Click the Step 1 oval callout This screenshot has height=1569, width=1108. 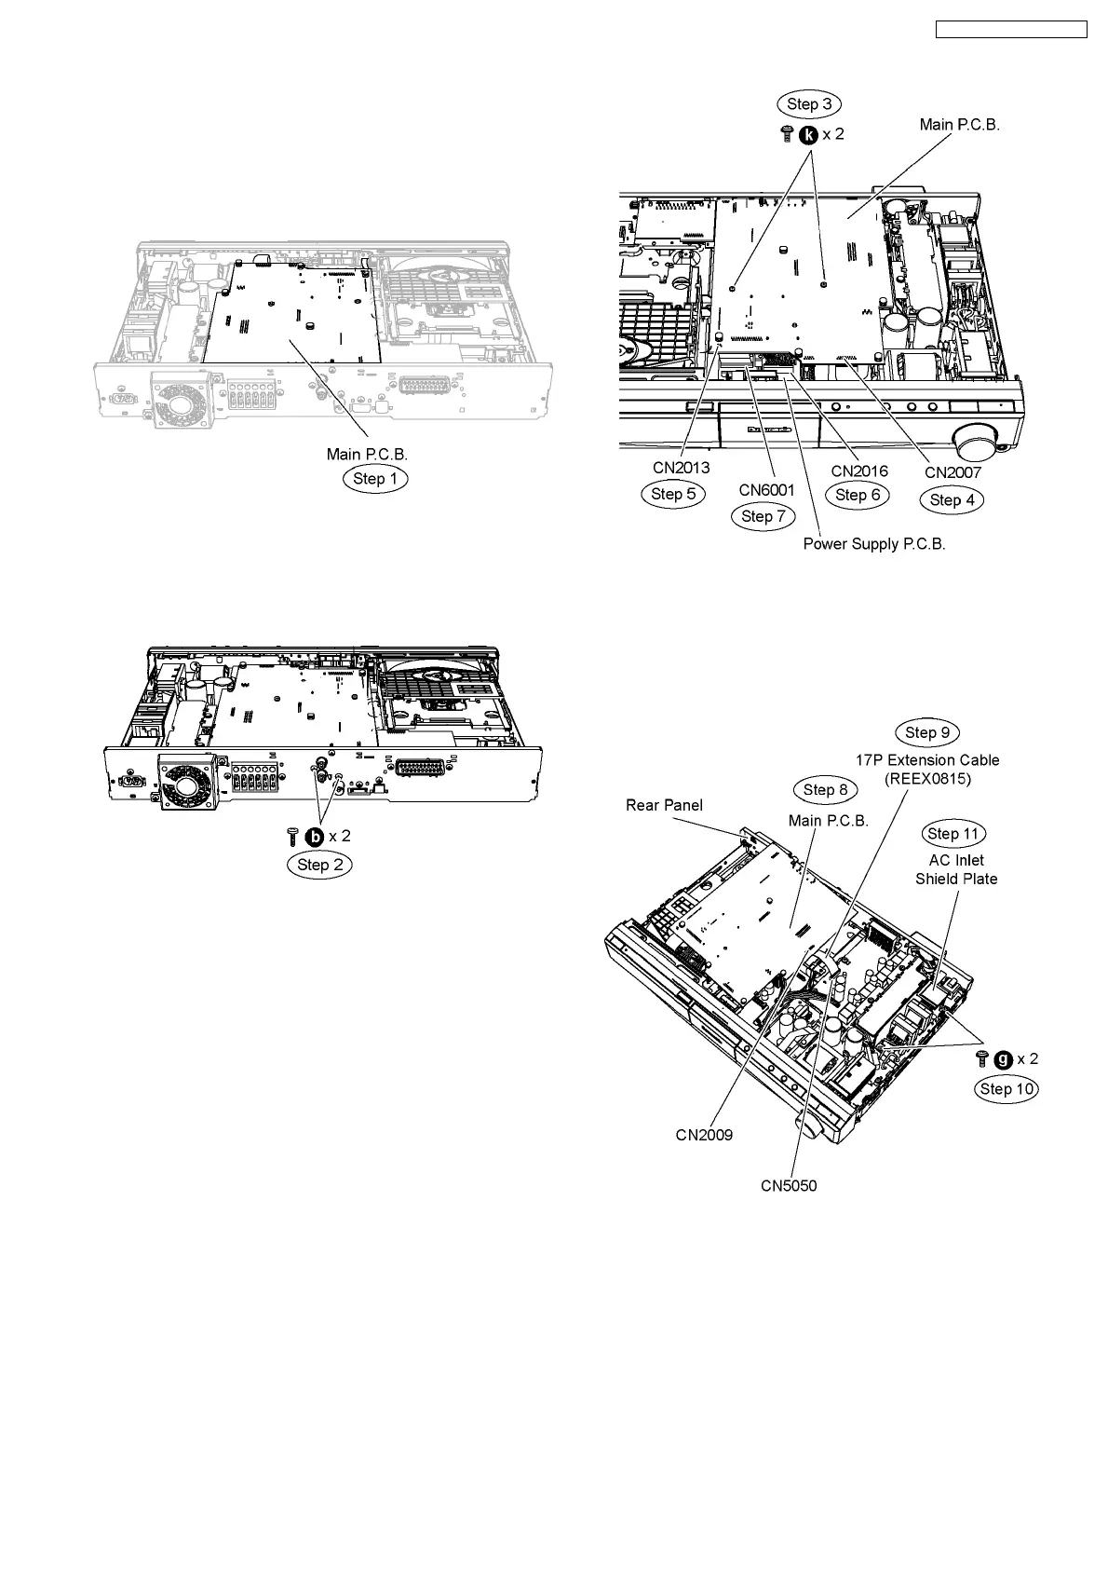375,479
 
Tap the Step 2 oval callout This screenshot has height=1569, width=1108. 320,865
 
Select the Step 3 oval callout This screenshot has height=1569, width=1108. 809,104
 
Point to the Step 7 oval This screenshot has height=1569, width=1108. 763,516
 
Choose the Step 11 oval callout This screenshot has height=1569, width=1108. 954,834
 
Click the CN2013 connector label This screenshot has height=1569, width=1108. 681,468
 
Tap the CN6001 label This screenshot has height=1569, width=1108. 767,489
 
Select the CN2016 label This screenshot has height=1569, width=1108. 859,471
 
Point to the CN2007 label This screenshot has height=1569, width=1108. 953,473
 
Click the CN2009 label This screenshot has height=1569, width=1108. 704,1135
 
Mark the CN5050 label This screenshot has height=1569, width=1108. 789,1186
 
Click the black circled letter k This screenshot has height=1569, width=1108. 809,134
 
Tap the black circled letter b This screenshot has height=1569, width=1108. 316,837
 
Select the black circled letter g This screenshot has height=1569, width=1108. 1003,1059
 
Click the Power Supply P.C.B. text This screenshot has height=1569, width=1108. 874,544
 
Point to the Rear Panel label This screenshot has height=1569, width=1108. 664,805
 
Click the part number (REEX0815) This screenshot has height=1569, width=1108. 926,779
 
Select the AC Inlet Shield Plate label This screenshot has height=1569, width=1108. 956,869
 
